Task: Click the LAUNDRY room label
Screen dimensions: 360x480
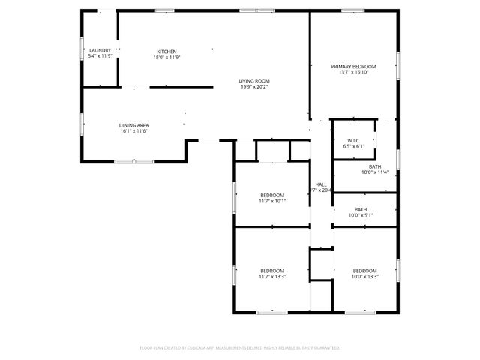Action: click(100, 51)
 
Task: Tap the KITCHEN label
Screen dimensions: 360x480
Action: click(166, 51)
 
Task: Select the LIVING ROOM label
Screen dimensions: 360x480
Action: click(255, 81)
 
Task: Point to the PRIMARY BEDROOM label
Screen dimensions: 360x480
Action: click(354, 67)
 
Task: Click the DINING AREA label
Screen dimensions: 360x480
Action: click(133, 125)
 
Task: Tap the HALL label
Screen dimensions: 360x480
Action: click(321, 184)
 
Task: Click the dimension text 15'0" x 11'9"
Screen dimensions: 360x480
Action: click(166, 57)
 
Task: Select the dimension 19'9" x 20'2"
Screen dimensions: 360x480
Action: click(255, 87)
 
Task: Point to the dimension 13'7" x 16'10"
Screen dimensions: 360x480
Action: click(354, 73)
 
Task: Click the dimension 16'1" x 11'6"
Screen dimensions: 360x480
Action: click(133, 131)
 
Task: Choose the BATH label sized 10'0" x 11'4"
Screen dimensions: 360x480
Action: click(375, 166)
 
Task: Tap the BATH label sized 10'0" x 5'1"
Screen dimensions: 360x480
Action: click(361, 209)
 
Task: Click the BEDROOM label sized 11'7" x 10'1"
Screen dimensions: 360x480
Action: click(272, 195)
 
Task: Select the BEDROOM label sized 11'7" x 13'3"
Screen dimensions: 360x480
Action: click(272, 270)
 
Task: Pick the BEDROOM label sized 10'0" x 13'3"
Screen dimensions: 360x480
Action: click(364, 270)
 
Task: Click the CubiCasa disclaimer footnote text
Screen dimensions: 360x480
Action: click(240, 348)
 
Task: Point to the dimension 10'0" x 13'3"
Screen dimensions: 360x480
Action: click(364, 276)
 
